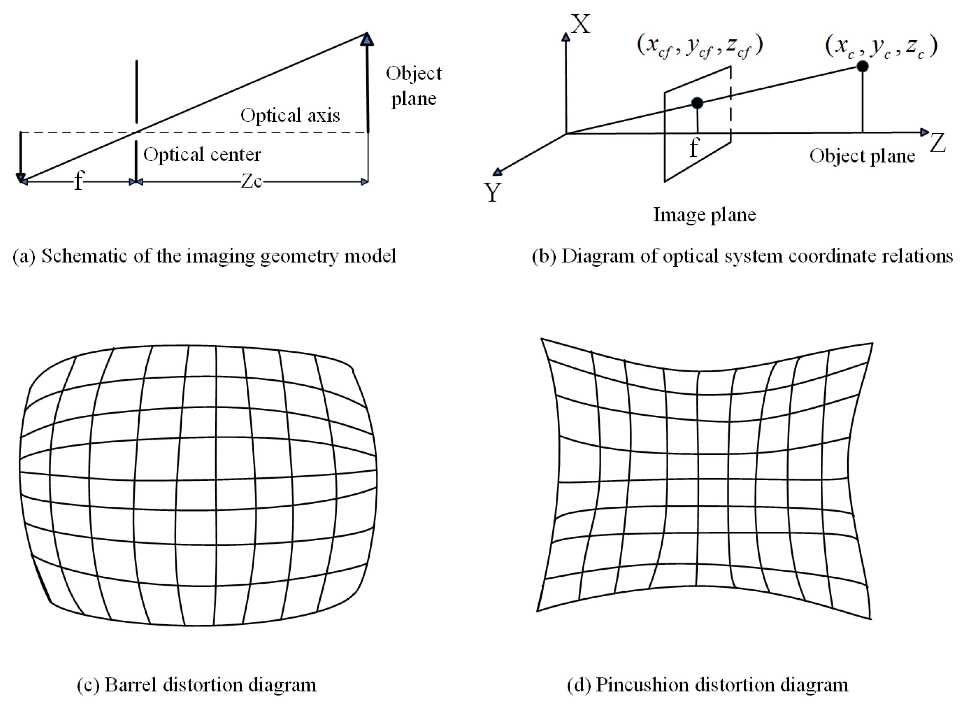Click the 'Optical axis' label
pyautogui.click(x=290, y=115)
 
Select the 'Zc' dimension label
pyautogui.click(x=252, y=181)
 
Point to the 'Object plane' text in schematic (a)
pyautogui.click(x=413, y=86)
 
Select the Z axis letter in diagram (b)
pyautogui.click(x=937, y=143)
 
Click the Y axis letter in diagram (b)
pyautogui.click(x=493, y=192)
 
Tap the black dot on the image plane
pyautogui.click(x=697, y=103)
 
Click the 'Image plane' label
pyautogui.click(x=704, y=215)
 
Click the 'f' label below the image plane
pyautogui.click(x=694, y=148)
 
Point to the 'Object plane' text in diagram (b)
pyautogui.click(x=862, y=156)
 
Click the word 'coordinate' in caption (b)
pyautogui.click(x=833, y=256)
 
